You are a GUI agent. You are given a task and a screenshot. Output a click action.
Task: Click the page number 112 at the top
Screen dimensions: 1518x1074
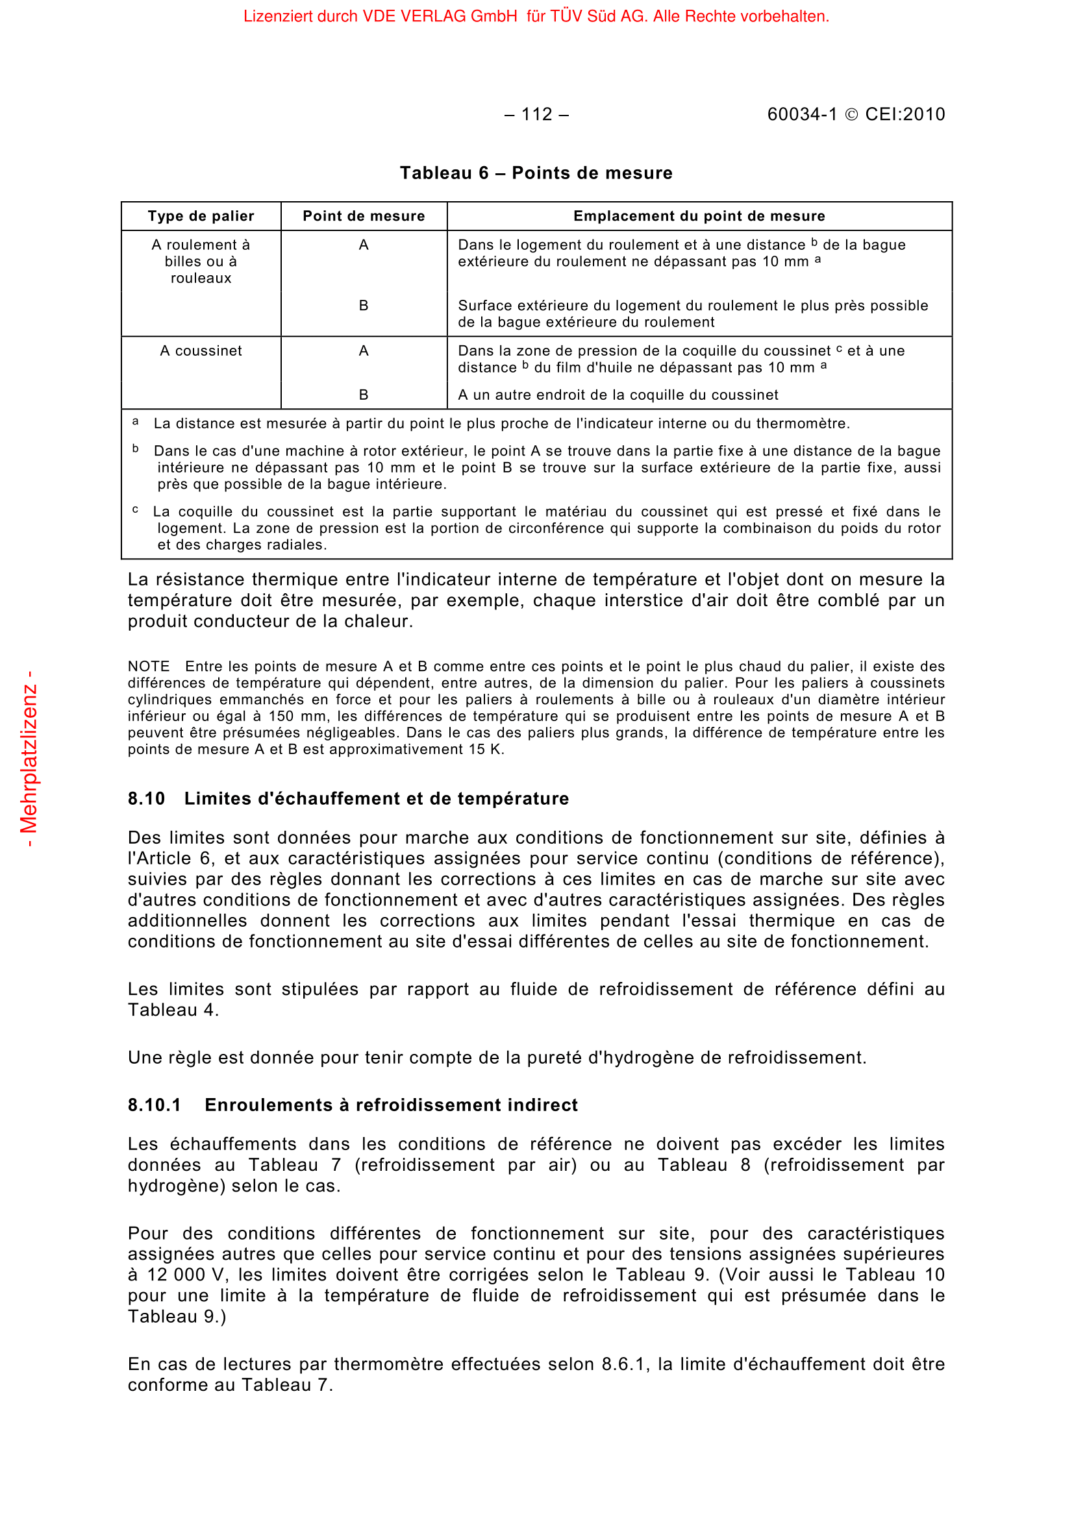point(536,114)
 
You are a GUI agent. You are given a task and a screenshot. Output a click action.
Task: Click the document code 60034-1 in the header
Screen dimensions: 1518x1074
point(801,114)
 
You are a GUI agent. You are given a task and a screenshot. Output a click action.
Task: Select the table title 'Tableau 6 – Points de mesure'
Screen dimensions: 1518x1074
point(536,173)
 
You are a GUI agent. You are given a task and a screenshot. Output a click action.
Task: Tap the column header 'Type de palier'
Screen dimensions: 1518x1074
point(201,216)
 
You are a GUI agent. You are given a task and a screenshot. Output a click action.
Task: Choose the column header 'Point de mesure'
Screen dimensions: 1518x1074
point(364,216)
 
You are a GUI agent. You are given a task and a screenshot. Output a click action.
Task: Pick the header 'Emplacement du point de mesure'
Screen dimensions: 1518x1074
point(699,216)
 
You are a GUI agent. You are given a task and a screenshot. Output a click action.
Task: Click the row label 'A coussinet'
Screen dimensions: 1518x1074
point(201,351)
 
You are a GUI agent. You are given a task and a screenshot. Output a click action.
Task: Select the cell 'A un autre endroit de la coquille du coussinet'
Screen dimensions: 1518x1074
point(618,395)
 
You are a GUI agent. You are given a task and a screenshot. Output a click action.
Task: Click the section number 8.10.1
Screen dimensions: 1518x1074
point(154,1105)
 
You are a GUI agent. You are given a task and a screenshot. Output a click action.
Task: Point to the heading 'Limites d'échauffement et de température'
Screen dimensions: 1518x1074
point(377,799)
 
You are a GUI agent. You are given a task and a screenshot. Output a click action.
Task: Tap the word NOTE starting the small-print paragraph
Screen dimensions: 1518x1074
point(149,667)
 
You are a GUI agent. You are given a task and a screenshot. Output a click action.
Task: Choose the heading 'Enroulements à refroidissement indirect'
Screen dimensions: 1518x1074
point(391,1105)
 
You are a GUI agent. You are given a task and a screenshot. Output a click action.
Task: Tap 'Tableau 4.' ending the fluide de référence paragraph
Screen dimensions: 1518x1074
point(173,1010)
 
